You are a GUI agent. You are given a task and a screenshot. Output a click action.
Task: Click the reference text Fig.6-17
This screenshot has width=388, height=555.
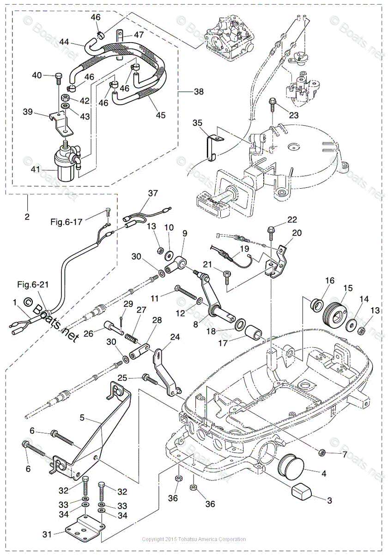(x=67, y=222)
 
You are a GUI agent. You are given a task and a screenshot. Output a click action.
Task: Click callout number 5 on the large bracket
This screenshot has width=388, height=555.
(x=82, y=417)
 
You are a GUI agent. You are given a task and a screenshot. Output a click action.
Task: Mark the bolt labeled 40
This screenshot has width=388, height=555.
(x=57, y=77)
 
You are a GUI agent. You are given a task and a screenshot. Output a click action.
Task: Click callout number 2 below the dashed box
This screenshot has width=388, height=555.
(x=27, y=216)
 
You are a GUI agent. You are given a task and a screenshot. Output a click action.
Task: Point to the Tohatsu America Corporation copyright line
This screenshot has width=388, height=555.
(x=194, y=539)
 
